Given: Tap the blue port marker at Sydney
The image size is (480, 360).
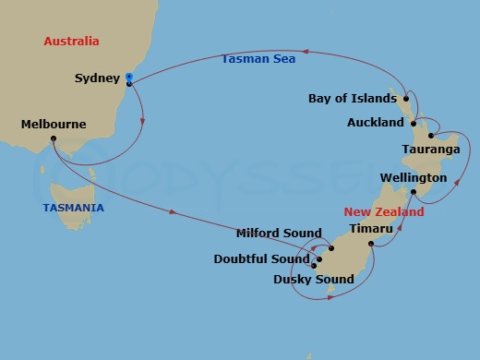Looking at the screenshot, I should click(x=128, y=78).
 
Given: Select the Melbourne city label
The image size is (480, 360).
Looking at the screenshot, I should click(x=54, y=125).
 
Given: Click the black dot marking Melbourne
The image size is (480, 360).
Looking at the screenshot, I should click(x=54, y=139).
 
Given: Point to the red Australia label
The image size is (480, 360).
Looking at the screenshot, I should click(x=71, y=42).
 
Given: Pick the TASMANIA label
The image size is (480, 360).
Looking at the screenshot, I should click(x=74, y=208).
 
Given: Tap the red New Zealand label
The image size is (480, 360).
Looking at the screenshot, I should click(x=385, y=211).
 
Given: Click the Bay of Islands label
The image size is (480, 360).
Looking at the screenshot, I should click(x=354, y=98).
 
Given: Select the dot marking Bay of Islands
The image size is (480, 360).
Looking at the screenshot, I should click(x=406, y=98).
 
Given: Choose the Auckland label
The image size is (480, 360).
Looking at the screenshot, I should click(x=376, y=122).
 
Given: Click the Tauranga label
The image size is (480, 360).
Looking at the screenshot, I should click(x=432, y=148).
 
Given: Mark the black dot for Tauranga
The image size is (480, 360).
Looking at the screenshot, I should click(x=431, y=135).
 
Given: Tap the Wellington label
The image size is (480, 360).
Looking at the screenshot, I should click(x=414, y=177).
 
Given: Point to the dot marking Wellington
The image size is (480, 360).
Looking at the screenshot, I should click(x=414, y=192).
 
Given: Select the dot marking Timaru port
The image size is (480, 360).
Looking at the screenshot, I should click(x=370, y=244).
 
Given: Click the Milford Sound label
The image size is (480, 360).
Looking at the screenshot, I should click(x=279, y=234).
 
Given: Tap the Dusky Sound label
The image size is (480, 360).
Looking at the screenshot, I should click(x=314, y=280).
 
